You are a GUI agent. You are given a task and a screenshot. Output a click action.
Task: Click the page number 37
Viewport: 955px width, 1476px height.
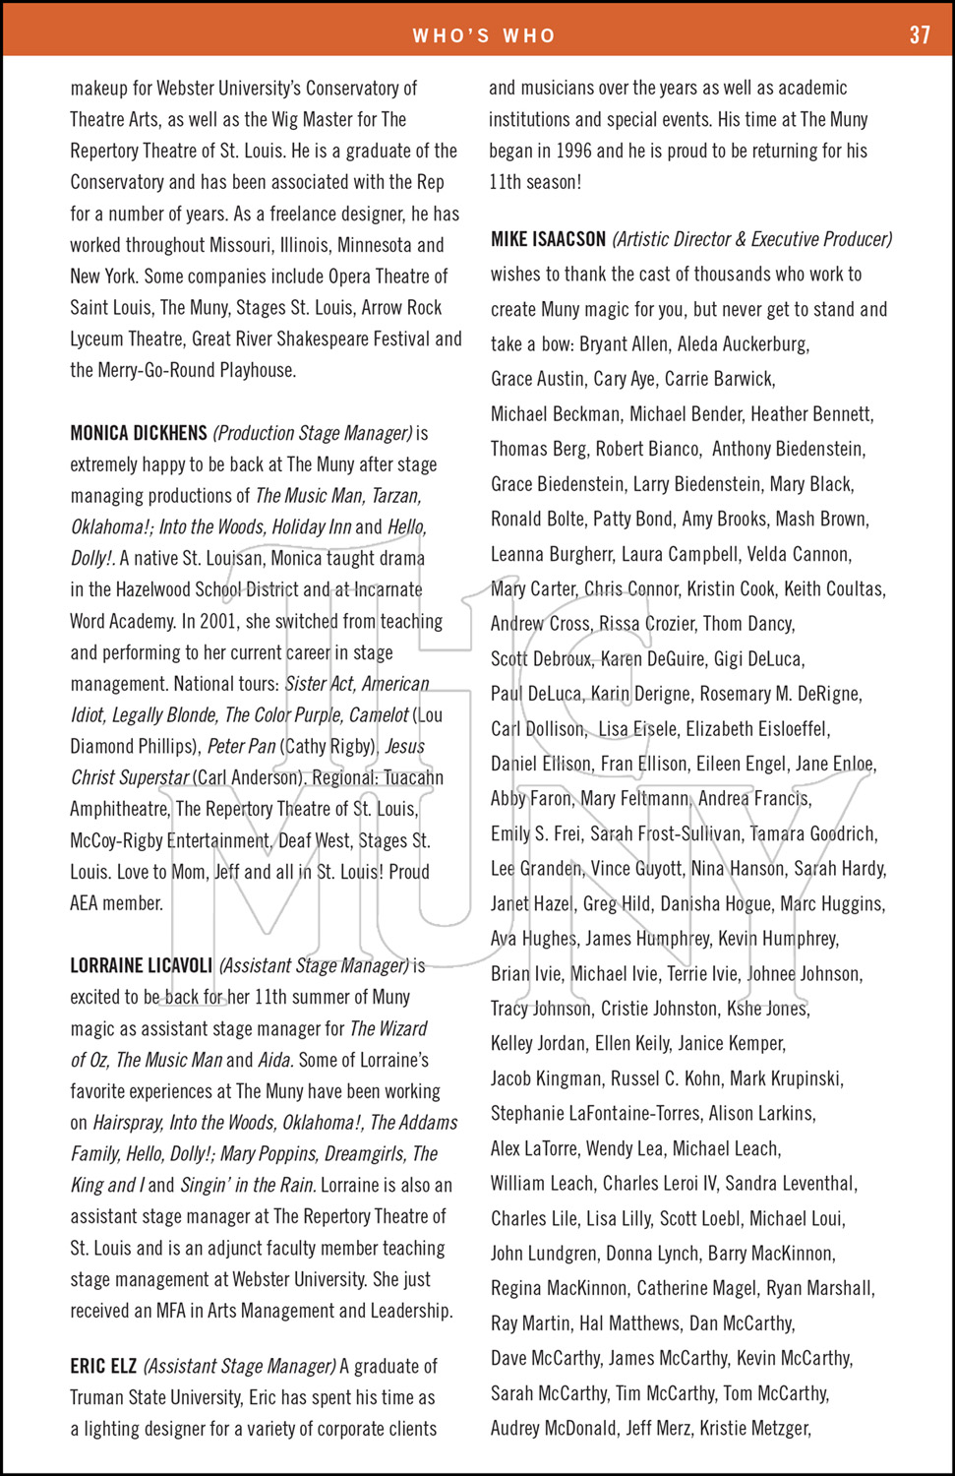[920, 35]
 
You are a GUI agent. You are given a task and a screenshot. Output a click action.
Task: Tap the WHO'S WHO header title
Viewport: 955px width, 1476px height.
[484, 36]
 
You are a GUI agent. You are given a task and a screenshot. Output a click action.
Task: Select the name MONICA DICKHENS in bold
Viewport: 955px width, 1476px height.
[139, 433]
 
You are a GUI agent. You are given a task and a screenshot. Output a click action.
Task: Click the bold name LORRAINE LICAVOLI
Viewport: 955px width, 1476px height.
[141, 965]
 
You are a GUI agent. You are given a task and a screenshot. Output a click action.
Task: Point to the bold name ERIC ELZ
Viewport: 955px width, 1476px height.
[103, 1366]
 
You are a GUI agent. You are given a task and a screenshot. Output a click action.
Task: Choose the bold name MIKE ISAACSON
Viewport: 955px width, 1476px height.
[548, 239]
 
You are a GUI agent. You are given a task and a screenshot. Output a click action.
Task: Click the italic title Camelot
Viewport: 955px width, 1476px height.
[379, 715]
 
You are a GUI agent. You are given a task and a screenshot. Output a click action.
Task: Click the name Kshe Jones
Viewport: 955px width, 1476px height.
[767, 1009]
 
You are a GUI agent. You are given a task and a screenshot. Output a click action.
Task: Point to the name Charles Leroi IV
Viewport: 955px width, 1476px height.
[659, 1183]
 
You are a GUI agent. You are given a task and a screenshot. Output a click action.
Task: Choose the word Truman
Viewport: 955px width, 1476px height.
[99, 1397]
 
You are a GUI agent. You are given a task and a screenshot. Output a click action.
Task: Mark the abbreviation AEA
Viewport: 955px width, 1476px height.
[90, 902]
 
